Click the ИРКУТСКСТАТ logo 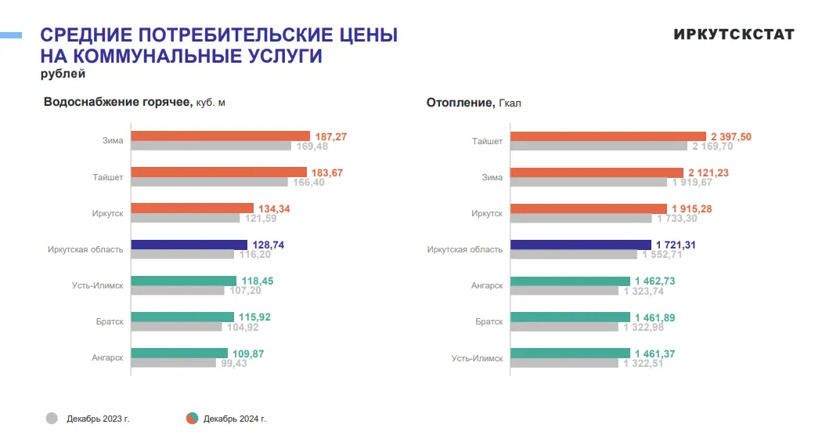pos(733,34)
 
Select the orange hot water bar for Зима pos(220,136)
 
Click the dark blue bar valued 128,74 pos(189,245)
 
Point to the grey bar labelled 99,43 pos(173,363)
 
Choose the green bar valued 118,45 pos(183,281)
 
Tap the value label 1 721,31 pos(676,245)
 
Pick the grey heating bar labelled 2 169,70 pos(599,146)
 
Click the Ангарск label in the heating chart pos(487,285)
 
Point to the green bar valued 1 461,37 pos(570,353)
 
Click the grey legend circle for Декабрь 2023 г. pos(52,419)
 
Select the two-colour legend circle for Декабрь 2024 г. pos(192,419)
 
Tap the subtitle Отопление pos(459,103)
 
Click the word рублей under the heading pos(63,74)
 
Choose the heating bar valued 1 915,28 pos(589,208)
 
